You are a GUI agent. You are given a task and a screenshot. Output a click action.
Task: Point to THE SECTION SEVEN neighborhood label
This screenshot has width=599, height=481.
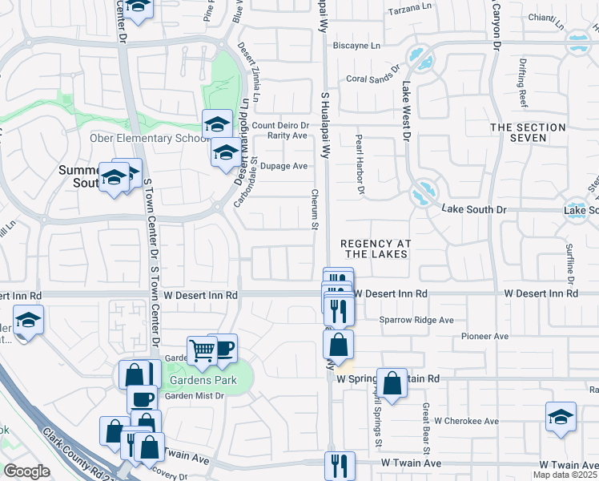[529, 132]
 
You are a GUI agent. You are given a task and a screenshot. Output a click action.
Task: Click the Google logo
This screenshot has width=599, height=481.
[26, 471]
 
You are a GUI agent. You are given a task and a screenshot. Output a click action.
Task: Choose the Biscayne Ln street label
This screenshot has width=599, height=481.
[356, 46]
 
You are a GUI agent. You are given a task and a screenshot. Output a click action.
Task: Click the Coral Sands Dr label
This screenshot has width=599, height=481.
[372, 79]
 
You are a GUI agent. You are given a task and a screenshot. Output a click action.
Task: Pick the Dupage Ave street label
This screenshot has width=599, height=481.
[287, 166]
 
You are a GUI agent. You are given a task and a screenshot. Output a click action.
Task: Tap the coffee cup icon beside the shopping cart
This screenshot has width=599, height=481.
[224, 347]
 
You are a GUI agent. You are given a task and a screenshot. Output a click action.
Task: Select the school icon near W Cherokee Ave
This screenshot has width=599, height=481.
[561, 416]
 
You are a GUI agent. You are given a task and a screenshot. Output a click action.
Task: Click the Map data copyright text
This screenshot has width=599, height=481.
[565, 475]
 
